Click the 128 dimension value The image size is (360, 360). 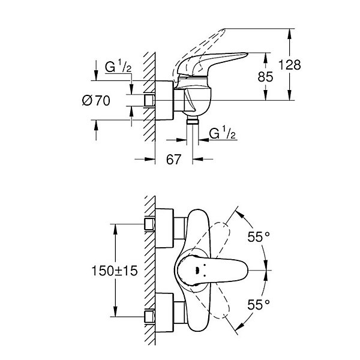[290, 65]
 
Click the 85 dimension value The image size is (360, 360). [265, 77]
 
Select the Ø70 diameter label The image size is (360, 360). [96, 101]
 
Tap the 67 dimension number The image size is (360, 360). [173, 160]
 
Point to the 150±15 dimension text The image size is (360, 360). [115, 271]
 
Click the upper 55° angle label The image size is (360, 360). [259, 237]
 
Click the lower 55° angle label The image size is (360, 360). [259, 305]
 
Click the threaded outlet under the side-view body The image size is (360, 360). [193, 120]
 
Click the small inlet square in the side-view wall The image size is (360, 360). [149, 101]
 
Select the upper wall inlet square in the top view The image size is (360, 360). [149, 224]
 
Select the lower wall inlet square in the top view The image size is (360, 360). [149, 317]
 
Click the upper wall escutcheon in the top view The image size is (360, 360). [164, 228]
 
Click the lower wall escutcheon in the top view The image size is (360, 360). [164, 313]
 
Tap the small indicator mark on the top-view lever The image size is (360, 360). [197, 271]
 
